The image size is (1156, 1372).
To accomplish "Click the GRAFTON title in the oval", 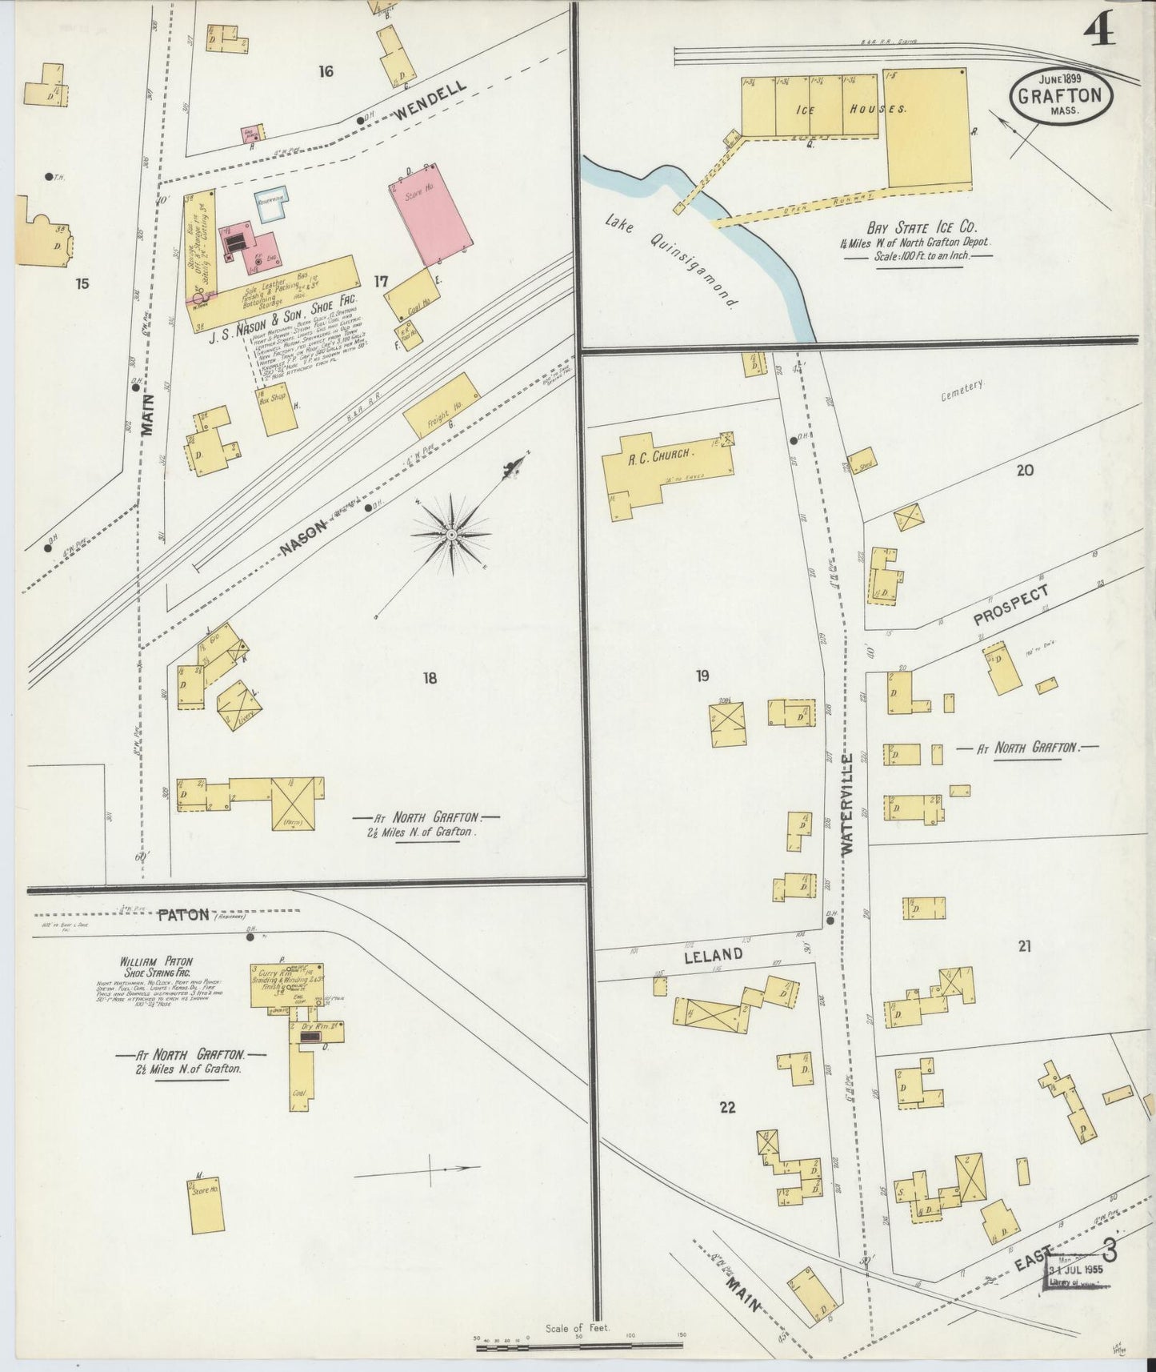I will (x=1061, y=96).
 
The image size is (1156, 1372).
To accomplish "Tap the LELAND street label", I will (x=713, y=955).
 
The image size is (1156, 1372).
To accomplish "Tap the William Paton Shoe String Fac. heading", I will (x=155, y=966).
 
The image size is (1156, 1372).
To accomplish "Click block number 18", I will (x=430, y=679).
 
